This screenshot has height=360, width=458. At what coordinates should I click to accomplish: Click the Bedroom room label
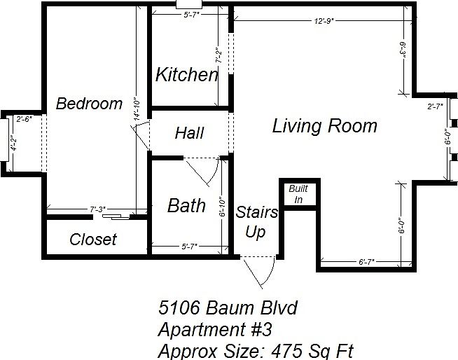(x=89, y=104)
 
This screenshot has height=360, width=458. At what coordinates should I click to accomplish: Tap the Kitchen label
(x=186, y=75)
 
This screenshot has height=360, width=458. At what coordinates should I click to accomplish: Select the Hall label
(x=189, y=132)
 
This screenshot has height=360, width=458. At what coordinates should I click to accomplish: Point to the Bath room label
(x=186, y=205)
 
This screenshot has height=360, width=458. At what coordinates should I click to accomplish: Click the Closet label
(x=93, y=240)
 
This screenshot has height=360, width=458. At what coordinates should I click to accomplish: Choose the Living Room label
(x=324, y=126)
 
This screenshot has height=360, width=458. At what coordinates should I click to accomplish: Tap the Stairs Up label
(x=256, y=222)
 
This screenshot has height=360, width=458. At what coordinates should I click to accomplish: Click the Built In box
(x=298, y=194)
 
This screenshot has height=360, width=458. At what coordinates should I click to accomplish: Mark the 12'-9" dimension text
(x=324, y=21)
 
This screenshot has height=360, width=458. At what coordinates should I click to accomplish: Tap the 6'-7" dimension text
(x=366, y=262)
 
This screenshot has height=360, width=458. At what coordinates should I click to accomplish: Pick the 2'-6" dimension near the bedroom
(x=24, y=118)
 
